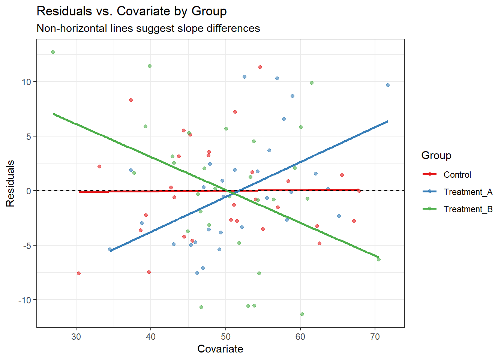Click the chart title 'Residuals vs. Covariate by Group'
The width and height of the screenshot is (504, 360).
[x=132, y=11]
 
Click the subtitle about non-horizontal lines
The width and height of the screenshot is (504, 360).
[x=148, y=28]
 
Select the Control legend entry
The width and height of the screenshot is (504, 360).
[x=457, y=175]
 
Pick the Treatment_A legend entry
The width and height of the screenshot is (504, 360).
[x=468, y=192]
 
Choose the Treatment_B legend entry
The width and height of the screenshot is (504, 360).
[x=468, y=209]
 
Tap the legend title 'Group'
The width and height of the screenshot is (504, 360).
[x=436, y=155]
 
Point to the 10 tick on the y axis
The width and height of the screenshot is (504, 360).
[x=26, y=82]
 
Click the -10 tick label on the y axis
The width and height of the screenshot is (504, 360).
[x=25, y=300]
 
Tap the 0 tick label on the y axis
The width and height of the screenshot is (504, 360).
[x=29, y=191]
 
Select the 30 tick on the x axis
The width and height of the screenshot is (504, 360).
[x=76, y=337]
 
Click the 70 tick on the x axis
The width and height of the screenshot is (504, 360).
[x=375, y=337]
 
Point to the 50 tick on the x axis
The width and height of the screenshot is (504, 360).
[x=226, y=337]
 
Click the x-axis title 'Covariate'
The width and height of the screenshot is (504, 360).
[x=220, y=349]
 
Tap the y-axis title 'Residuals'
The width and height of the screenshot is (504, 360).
[x=10, y=183]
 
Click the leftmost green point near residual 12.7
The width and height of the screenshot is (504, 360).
[x=53, y=52]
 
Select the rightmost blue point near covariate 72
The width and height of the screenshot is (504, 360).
[x=388, y=85]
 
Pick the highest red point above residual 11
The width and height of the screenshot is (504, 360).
[x=260, y=67]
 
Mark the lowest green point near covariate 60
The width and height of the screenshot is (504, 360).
[x=302, y=314]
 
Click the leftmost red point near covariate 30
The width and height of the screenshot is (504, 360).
[x=79, y=273]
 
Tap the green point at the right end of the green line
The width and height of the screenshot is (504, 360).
[x=379, y=259]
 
